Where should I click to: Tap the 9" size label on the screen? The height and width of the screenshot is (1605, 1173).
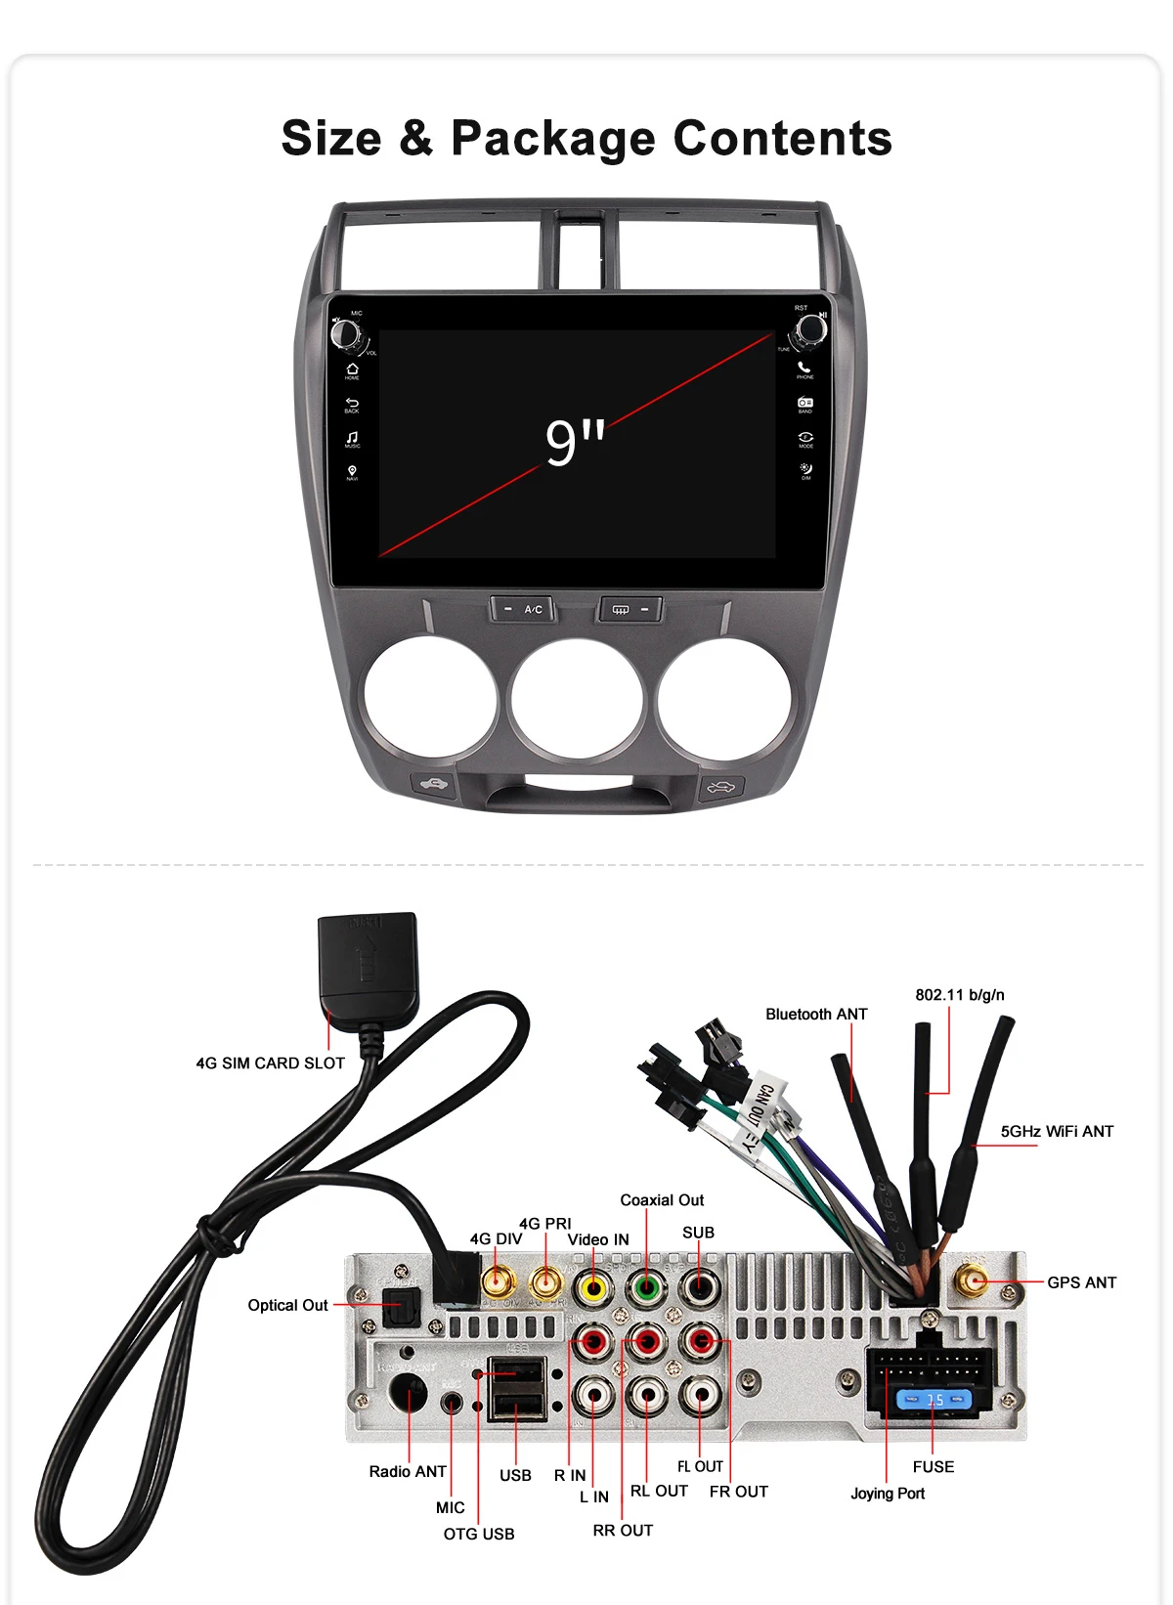point(575,442)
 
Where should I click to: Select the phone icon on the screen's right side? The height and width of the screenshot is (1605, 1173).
point(804,369)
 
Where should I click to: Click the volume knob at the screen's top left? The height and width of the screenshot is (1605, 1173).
point(345,333)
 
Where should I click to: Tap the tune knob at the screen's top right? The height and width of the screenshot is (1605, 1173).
point(811,329)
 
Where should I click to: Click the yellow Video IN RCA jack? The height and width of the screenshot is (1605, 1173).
point(592,1287)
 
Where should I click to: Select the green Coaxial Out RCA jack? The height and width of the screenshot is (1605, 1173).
point(645,1287)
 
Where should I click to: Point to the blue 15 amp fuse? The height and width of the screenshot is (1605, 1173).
point(934,1400)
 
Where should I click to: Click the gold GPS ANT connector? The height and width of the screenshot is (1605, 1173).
point(973,1280)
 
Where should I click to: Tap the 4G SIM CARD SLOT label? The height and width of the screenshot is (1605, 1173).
point(270,1063)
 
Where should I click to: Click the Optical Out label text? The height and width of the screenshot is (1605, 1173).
point(287,1305)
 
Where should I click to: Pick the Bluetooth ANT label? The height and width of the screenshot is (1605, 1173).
point(816,1015)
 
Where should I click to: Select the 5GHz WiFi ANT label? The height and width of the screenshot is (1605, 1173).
point(1057,1131)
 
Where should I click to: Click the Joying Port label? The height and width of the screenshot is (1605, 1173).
point(887,1494)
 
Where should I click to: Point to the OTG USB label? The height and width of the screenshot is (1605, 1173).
point(479,1534)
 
